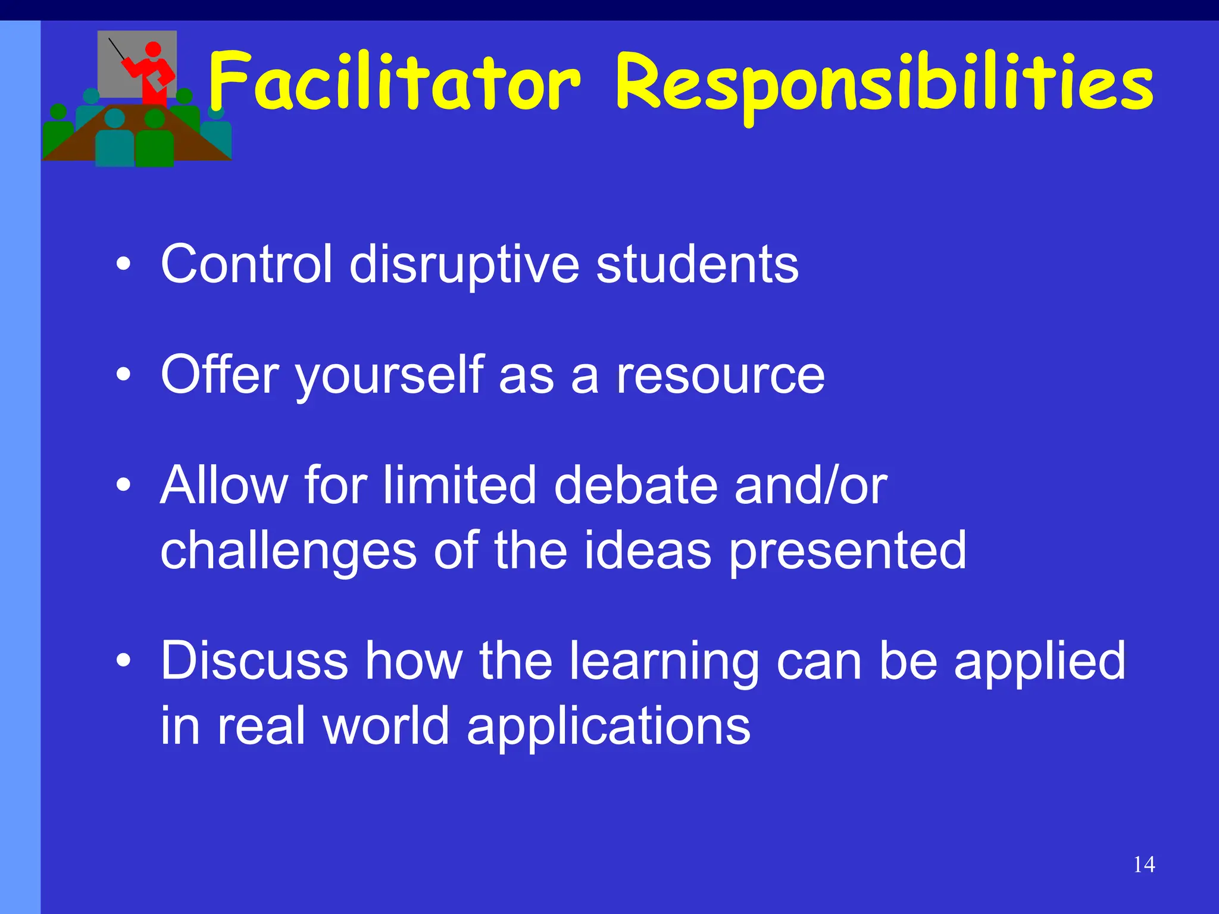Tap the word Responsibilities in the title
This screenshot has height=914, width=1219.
(x=884, y=83)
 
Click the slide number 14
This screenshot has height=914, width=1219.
(x=1144, y=865)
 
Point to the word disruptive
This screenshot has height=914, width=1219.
(x=464, y=265)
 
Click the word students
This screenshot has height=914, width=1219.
(x=697, y=264)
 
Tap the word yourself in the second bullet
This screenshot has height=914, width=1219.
(x=389, y=376)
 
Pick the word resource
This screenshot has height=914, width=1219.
(x=720, y=376)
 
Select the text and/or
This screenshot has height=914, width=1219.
(x=811, y=486)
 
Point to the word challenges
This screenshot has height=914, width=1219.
(x=289, y=551)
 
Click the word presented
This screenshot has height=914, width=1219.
(x=848, y=551)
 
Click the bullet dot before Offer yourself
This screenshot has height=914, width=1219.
(x=123, y=375)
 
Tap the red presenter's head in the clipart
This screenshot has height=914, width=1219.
(x=153, y=49)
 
